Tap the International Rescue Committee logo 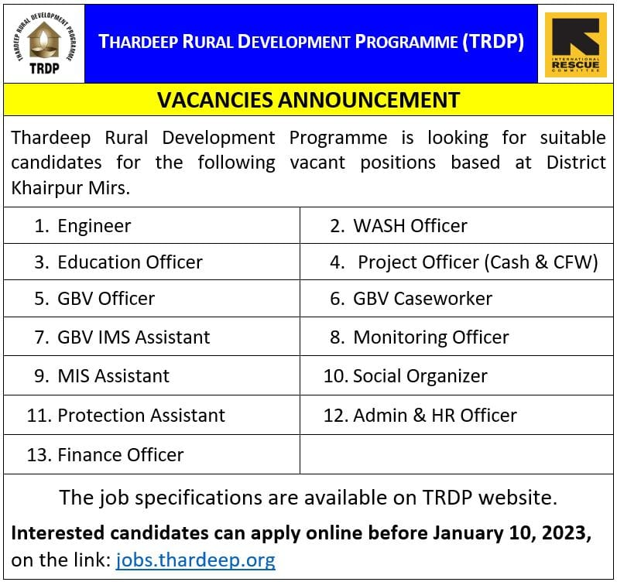click(575, 43)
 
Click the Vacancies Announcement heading click(308, 100)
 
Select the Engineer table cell click(94, 226)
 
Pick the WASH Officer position click(410, 226)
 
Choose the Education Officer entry click(129, 262)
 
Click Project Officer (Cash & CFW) click(478, 262)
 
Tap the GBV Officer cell click(106, 299)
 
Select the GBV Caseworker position click(422, 299)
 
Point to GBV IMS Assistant click(133, 337)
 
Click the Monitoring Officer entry click(430, 337)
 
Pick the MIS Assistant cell click(113, 376)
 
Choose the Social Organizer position click(420, 376)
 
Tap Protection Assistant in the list click(141, 416)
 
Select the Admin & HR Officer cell click(434, 416)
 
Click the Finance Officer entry click(120, 455)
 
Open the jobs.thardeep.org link click(195, 560)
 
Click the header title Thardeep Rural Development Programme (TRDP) click(311, 42)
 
